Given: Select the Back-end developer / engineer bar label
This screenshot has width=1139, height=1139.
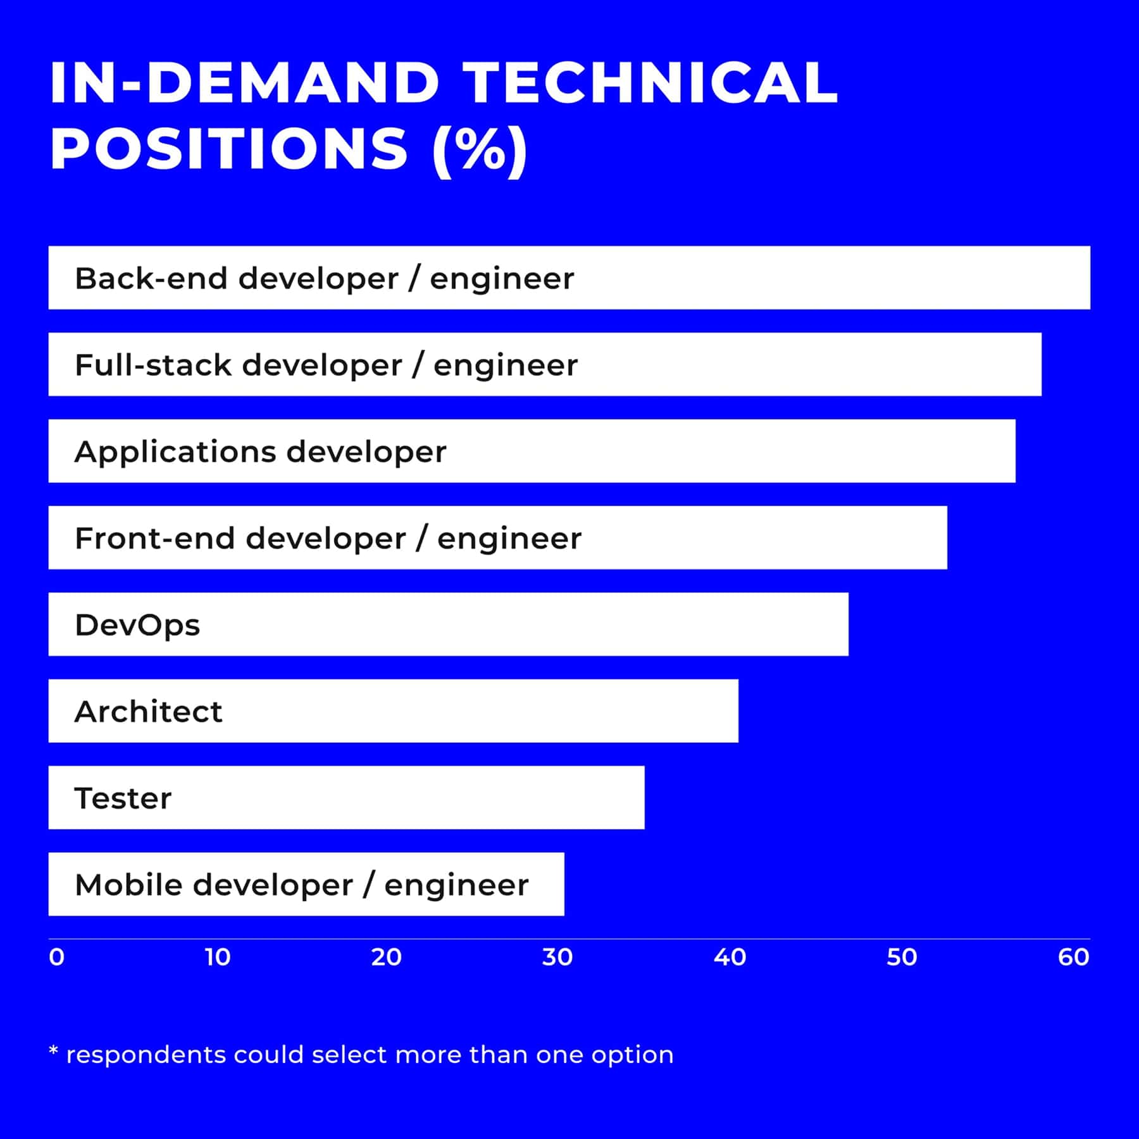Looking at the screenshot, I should click(324, 278).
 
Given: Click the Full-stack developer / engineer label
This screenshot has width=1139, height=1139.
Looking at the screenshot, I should click(326, 365).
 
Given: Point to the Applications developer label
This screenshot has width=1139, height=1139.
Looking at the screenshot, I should click(260, 452).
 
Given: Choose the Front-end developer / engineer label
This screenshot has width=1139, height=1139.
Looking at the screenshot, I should click(328, 538).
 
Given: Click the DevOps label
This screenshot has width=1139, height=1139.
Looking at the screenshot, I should click(137, 625).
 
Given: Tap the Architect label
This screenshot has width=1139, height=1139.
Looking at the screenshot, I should click(148, 712).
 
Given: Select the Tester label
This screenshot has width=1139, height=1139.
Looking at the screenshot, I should click(123, 799).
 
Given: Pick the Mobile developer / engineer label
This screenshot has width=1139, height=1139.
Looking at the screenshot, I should click(301, 885).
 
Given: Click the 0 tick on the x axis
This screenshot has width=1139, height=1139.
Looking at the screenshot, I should click(56, 957).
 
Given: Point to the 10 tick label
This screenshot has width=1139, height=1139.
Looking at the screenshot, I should click(218, 957).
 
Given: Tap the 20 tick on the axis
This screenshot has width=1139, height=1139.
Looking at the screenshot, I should click(386, 957).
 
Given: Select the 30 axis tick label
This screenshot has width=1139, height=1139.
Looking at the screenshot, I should click(557, 957).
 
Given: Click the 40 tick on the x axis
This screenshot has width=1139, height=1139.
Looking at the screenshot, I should click(730, 957).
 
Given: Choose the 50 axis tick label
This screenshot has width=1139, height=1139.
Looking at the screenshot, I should click(902, 957).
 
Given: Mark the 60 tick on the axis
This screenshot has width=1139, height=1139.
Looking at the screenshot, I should click(1073, 957).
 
